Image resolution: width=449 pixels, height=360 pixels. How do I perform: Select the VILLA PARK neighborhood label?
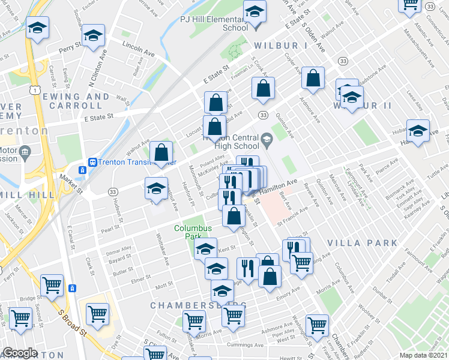point(363,242)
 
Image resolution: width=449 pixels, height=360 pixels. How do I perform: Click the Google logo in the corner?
point(20,353)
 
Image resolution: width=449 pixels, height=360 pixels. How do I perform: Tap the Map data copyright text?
point(423,355)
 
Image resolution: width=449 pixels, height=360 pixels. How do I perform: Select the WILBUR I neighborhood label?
point(280,46)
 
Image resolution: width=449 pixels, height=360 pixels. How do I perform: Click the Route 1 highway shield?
point(37,89)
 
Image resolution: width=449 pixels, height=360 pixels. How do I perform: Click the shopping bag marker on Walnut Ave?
point(161,152)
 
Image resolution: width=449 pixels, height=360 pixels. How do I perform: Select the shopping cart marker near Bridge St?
point(52,286)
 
